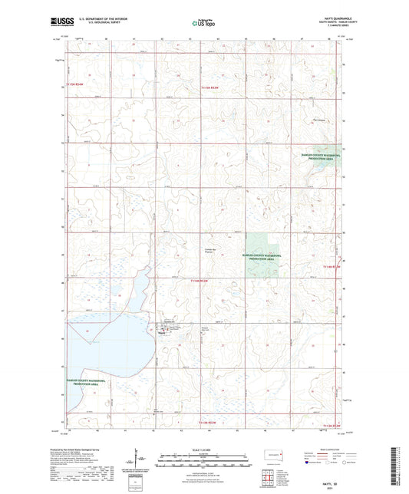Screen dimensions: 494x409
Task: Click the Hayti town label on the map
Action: point(162,332)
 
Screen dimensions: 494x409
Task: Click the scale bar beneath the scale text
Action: point(204,458)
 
